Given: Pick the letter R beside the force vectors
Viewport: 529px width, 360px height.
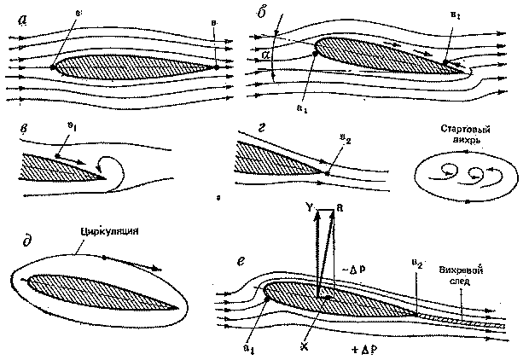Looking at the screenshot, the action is point(338,207).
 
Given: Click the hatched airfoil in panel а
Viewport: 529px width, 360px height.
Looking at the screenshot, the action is point(128,64).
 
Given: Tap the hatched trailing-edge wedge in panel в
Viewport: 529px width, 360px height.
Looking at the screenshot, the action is point(60,168).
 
